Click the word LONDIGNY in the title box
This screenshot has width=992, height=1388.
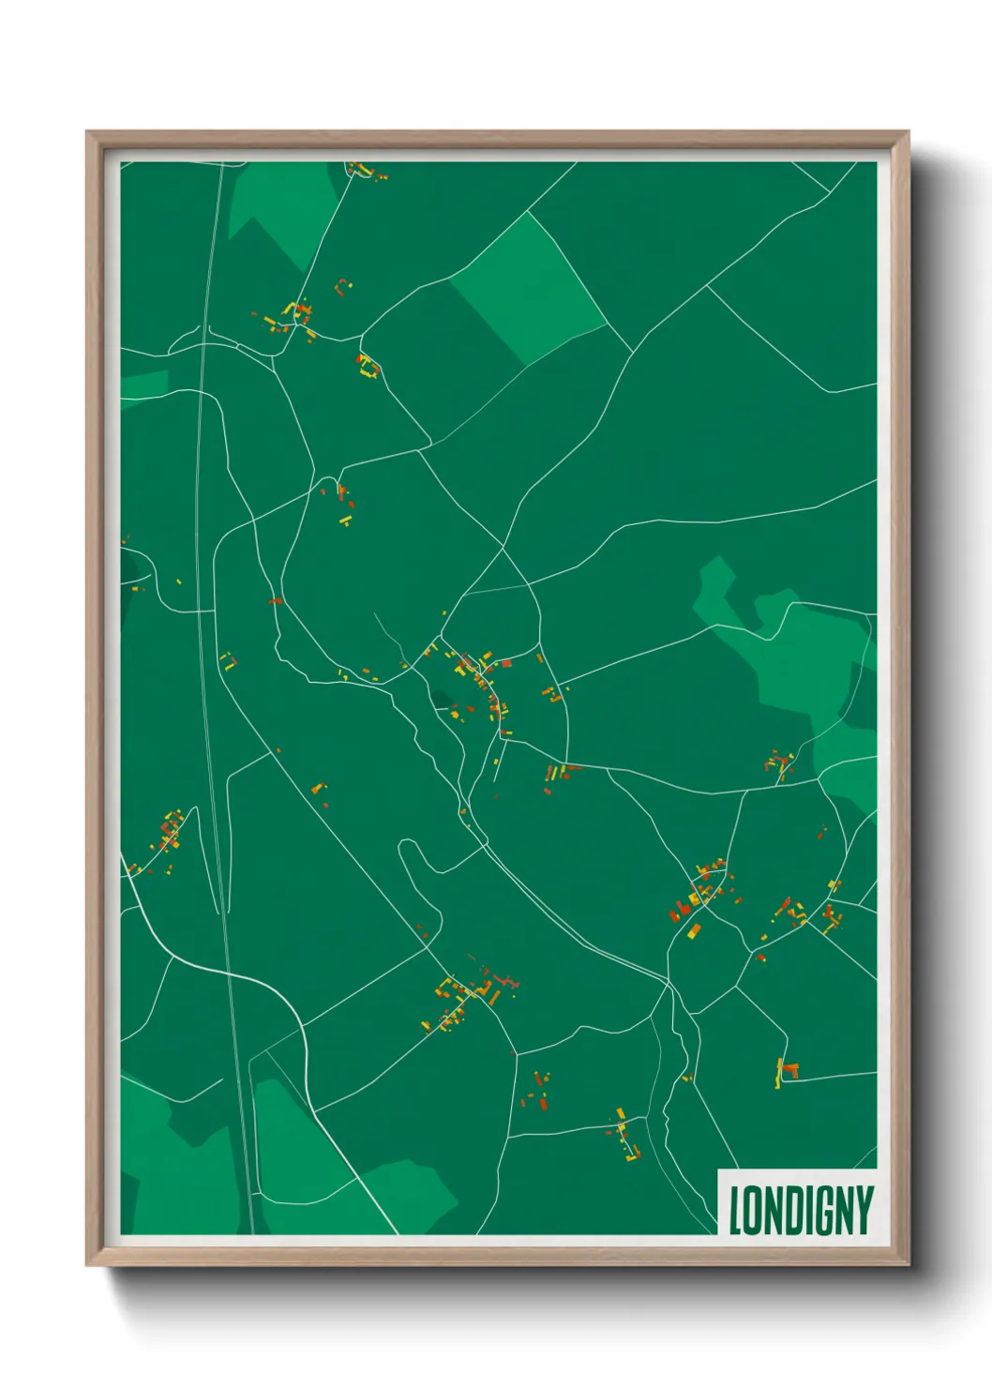tap(801, 1210)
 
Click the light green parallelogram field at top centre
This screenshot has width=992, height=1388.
tap(528, 286)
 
